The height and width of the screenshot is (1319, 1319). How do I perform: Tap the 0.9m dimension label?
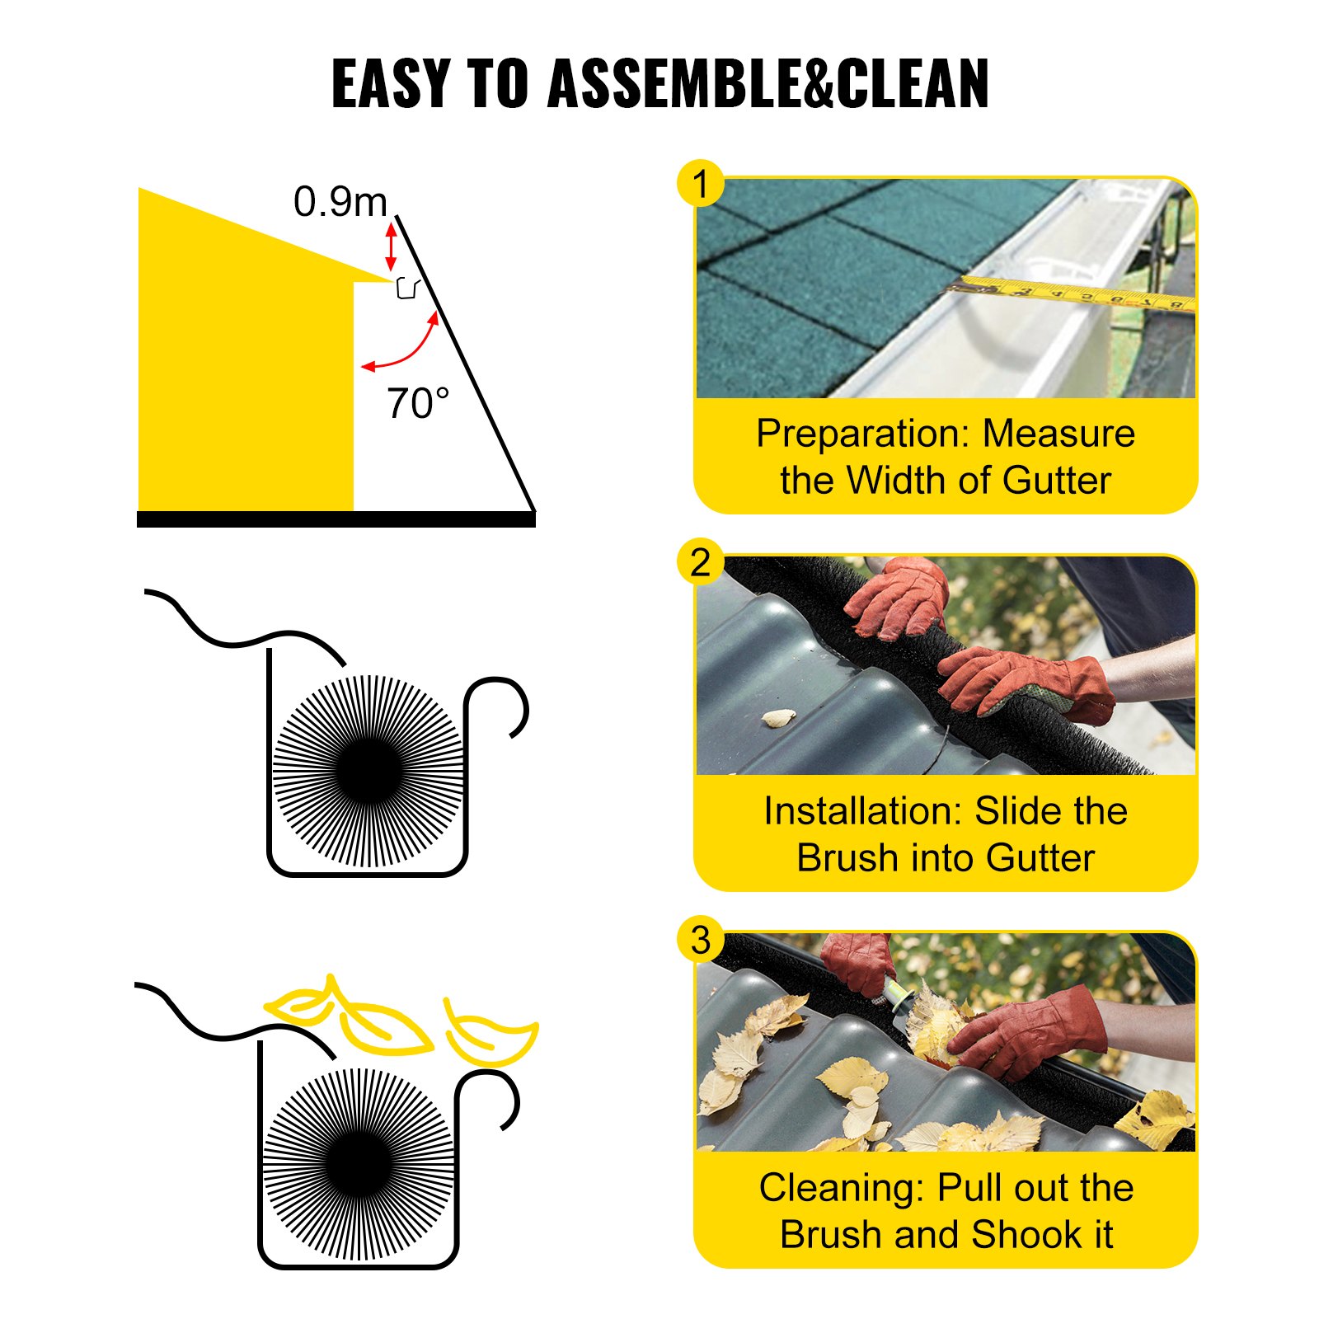(x=340, y=202)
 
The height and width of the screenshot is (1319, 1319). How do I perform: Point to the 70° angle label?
(x=418, y=404)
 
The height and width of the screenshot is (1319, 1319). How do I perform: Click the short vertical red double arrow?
(x=392, y=246)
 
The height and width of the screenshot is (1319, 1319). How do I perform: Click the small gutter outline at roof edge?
(x=407, y=289)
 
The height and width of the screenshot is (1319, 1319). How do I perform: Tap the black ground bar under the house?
(x=336, y=519)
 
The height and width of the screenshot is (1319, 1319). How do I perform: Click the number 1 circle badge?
(x=700, y=184)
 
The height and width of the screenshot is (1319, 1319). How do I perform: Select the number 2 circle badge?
(x=700, y=563)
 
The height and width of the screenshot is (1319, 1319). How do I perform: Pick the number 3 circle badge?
(x=700, y=940)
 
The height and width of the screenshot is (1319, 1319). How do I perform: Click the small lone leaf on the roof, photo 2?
(x=778, y=718)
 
